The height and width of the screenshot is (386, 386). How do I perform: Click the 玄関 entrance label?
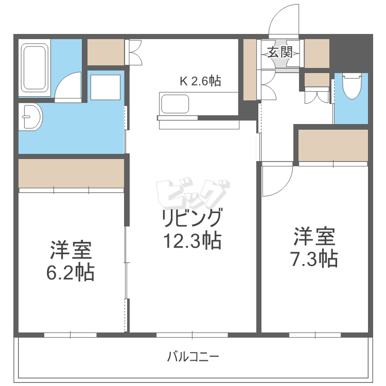point(279,52)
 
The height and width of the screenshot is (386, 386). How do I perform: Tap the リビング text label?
point(191,219)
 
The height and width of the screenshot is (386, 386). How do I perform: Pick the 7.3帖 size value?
point(314,258)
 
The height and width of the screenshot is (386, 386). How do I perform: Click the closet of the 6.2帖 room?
point(71,173)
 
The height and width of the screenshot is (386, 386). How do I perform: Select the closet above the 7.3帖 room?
point(333,145)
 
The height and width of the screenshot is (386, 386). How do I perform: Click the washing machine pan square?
point(106,87)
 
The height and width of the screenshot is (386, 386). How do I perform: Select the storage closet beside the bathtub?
point(106,52)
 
